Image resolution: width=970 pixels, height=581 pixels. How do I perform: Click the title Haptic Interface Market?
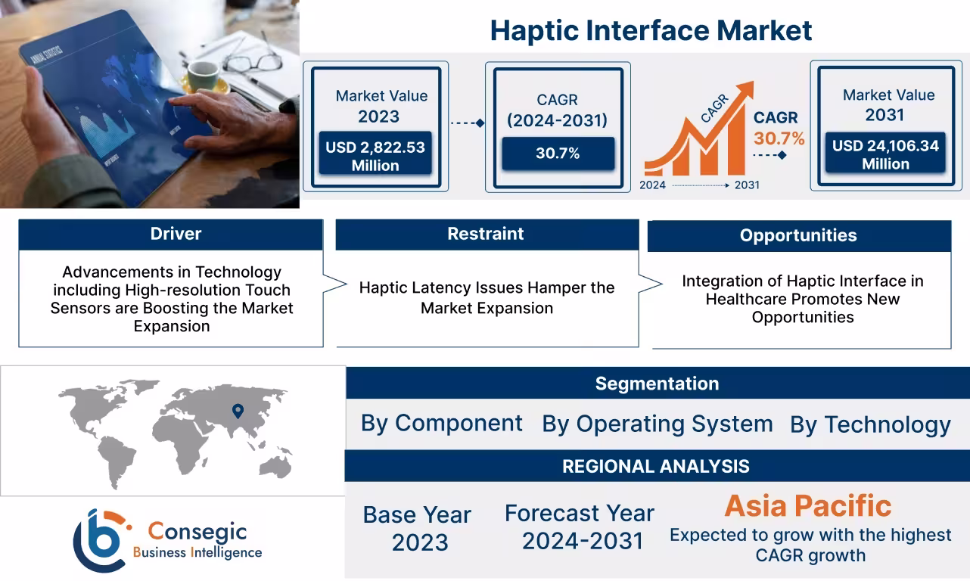pos(651,30)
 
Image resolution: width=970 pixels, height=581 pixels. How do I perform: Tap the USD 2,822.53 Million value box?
pos(375,156)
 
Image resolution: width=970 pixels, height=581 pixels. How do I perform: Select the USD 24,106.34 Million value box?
pos(885,154)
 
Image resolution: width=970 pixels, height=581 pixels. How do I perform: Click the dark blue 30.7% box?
pos(558,154)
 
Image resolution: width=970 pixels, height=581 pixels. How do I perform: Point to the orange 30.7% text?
pos(779,138)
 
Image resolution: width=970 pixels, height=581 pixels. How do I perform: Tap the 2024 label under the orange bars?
pos(652,185)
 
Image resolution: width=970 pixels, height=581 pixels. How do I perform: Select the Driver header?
pos(176,234)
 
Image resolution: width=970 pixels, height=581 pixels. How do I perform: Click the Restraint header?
pos(485,234)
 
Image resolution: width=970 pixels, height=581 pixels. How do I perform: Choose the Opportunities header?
pos(798,235)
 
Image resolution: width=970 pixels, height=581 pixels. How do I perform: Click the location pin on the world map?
pos(238,411)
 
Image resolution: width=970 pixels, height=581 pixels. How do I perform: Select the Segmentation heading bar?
pos(657,384)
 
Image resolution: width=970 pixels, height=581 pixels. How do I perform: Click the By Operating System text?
pos(657,424)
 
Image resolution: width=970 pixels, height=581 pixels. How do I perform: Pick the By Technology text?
pos(870,424)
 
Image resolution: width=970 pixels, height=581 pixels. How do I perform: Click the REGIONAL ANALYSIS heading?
pos(655,466)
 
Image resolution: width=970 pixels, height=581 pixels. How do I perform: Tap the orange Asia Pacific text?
pos(807,506)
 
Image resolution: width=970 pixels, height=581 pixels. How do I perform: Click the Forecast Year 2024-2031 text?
pos(580,527)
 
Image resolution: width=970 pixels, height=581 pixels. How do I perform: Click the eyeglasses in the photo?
pos(253,61)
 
